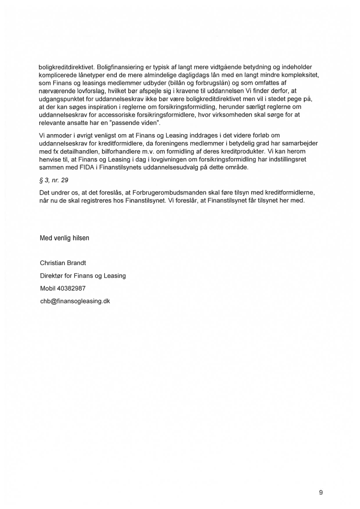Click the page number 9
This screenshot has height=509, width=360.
click(x=321, y=492)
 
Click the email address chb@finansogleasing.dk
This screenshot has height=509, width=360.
click(x=75, y=300)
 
